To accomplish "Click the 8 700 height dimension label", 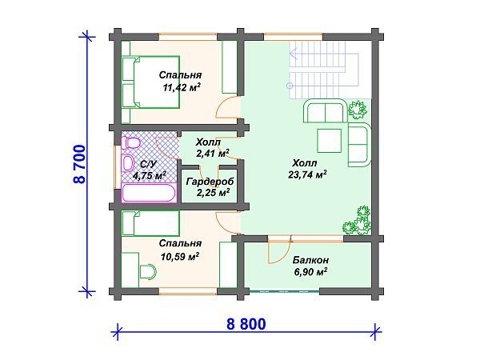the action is (x=79, y=164).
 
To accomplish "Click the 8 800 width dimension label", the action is (x=246, y=324).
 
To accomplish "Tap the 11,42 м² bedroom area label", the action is (x=182, y=88).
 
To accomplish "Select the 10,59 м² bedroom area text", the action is (x=180, y=257).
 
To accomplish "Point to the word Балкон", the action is (x=310, y=260).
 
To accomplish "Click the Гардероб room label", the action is (x=210, y=182).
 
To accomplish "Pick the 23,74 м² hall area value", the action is (x=307, y=174).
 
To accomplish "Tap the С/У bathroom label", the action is (x=148, y=164).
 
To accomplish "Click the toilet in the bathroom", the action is (x=130, y=143).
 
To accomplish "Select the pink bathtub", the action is (x=150, y=193).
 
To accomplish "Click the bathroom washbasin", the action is (x=128, y=163).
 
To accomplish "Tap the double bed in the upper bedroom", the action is (x=150, y=82).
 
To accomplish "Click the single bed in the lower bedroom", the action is (x=150, y=223).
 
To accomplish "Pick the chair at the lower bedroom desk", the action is (x=148, y=271).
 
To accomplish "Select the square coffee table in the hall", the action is (x=329, y=141).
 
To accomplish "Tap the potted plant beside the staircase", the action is (x=358, y=110).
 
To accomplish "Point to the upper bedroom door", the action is (x=227, y=107).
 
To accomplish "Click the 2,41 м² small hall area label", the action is (x=213, y=153).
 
